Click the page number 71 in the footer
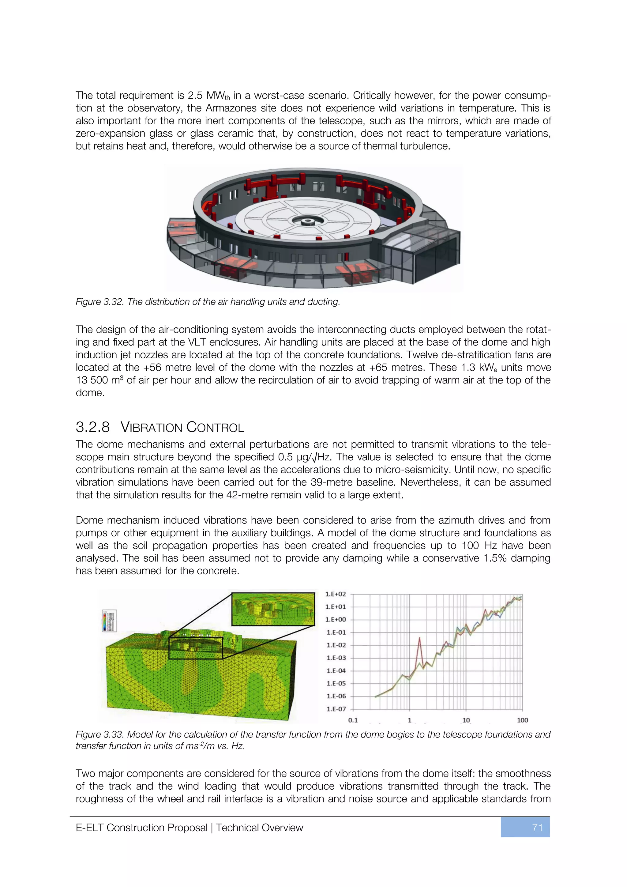pos(537,828)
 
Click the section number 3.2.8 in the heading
pos(93,427)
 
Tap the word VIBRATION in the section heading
pos(151,427)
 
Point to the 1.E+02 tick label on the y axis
pos(336,594)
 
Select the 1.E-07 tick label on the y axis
pos(336,709)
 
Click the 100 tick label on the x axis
pos(522,720)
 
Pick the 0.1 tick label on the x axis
pos(353,720)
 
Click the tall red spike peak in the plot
pos(419,638)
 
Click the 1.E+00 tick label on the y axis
pos(336,620)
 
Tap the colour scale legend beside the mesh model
pos(109,621)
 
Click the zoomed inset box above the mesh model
pos(273,609)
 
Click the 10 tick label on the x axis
pos(466,720)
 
